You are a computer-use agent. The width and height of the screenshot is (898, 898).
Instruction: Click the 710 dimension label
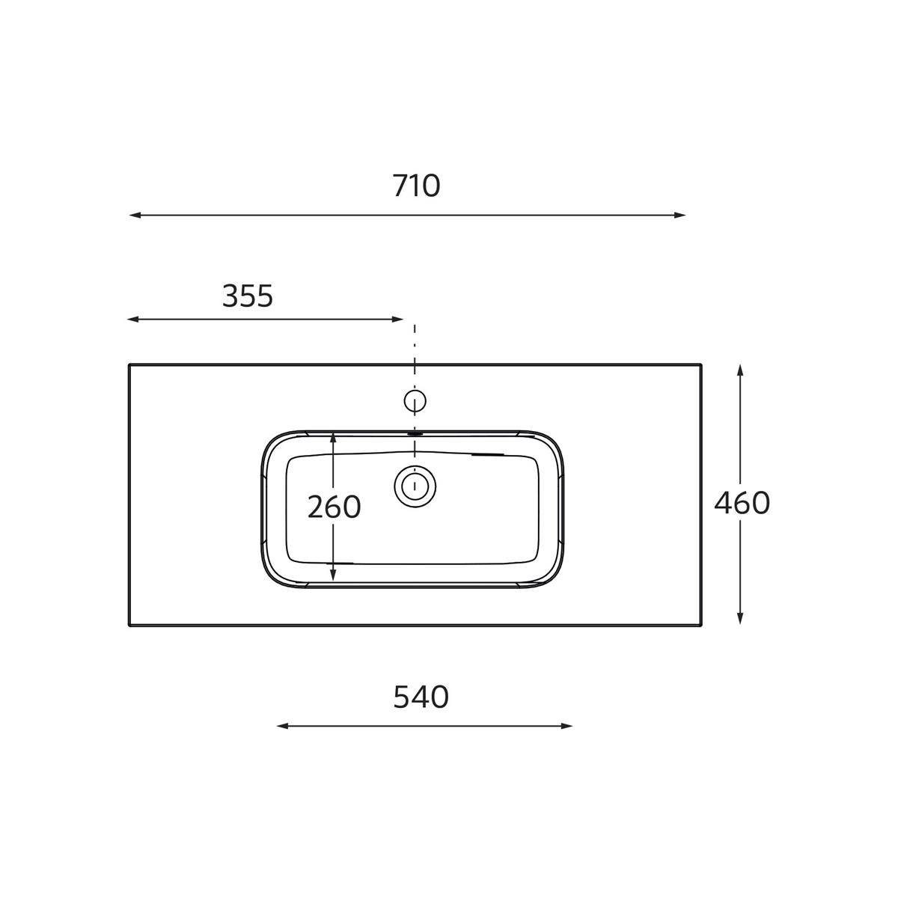coord(416,186)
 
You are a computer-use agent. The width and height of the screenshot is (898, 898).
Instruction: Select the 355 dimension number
coord(248,296)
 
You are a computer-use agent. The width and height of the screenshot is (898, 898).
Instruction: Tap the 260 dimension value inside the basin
coord(334,507)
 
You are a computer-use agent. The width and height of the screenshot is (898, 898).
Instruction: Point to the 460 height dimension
coord(742,503)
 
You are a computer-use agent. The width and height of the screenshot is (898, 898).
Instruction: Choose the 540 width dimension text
coord(421,697)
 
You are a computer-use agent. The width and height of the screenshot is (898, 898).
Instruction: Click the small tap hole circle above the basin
coord(415,401)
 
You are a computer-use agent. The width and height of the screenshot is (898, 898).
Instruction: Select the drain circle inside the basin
coord(415,486)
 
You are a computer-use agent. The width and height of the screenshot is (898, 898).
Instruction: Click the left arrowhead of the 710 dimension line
coord(135,216)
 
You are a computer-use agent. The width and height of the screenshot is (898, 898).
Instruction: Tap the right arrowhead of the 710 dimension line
coord(679,216)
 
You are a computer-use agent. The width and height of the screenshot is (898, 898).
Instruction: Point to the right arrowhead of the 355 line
coord(397,320)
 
